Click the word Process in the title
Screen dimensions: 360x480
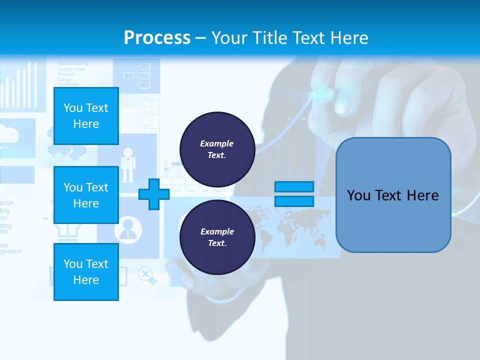click(157, 37)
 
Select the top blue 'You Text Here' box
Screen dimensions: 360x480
click(86, 116)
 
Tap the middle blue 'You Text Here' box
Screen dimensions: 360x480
click(86, 195)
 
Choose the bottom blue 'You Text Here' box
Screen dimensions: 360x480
click(86, 272)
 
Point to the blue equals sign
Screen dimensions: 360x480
click(294, 194)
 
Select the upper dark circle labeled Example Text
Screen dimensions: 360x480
click(217, 149)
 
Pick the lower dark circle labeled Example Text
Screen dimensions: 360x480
click(217, 237)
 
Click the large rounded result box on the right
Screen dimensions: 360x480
click(393, 195)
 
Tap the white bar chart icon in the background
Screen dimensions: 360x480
click(20, 85)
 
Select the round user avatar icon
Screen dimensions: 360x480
click(128, 230)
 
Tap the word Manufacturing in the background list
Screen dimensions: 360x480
click(73, 63)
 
